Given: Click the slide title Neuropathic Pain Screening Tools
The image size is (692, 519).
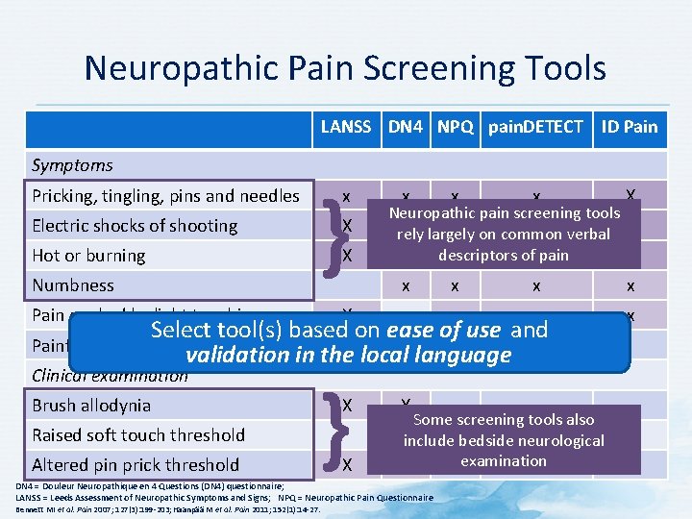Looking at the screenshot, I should [345, 68].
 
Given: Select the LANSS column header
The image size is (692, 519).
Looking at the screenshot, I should [346, 126].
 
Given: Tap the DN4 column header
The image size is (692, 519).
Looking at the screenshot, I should [408, 126].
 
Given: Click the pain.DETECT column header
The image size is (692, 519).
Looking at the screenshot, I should [535, 126].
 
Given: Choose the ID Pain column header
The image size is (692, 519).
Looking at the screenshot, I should [630, 126].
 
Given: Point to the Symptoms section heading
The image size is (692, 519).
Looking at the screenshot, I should [73, 165].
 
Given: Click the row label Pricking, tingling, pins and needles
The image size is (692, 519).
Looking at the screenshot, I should [165, 196].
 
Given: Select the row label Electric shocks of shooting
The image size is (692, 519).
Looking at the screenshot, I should [135, 226].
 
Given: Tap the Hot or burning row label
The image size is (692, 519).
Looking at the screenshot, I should [88, 256].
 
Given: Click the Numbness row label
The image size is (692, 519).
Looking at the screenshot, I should [73, 285].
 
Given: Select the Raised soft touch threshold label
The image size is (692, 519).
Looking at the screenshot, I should [138, 434].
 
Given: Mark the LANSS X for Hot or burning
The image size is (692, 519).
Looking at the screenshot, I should [347, 256].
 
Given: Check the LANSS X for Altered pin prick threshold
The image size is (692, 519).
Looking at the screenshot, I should [347, 464].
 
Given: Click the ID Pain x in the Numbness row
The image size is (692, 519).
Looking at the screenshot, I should [630, 285].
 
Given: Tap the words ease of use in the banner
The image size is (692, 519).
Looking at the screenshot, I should [443, 330].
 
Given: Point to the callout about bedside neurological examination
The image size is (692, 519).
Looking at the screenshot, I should [504, 440].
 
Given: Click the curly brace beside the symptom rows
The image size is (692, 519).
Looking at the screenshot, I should [331, 226].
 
